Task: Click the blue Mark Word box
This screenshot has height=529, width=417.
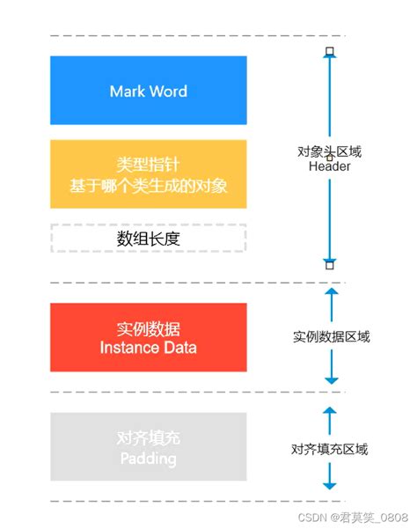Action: click(x=148, y=92)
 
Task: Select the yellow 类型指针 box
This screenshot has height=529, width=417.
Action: click(x=148, y=173)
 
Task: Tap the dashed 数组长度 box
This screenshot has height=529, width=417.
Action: click(x=148, y=238)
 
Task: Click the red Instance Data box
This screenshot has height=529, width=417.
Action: click(x=148, y=338)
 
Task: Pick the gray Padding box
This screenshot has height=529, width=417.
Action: click(x=148, y=448)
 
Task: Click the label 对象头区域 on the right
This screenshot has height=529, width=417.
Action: click(x=330, y=151)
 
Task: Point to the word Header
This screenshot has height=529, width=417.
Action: click(x=330, y=166)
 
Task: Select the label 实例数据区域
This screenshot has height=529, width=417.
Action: click(x=331, y=337)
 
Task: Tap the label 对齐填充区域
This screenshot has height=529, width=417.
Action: click(x=331, y=449)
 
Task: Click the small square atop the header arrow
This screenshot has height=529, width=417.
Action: click(x=330, y=52)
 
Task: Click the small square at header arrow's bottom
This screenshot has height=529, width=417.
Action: click(x=330, y=264)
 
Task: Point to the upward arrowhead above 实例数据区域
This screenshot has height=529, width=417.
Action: click(x=331, y=291)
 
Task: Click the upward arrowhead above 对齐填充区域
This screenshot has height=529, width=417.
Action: click(x=331, y=410)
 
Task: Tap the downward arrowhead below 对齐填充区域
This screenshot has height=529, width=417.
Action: click(x=331, y=485)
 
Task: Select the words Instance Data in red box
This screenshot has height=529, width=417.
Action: click(x=148, y=348)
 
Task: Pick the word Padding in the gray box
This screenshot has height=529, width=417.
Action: click(x=148, y=459)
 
